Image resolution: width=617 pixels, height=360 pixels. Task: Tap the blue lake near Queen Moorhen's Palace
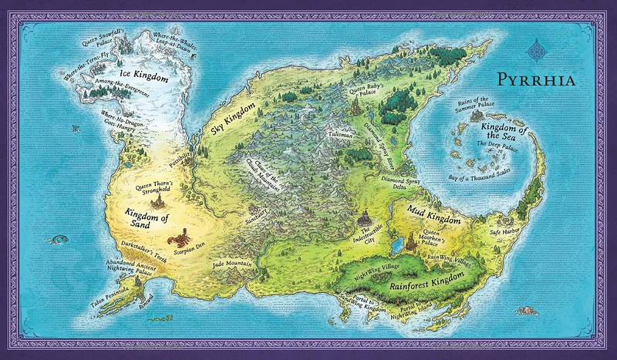pyautogui.click(x=396, y=246)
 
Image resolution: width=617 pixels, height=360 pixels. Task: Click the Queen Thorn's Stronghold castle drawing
pyautogui.click(x=160, y=202)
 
